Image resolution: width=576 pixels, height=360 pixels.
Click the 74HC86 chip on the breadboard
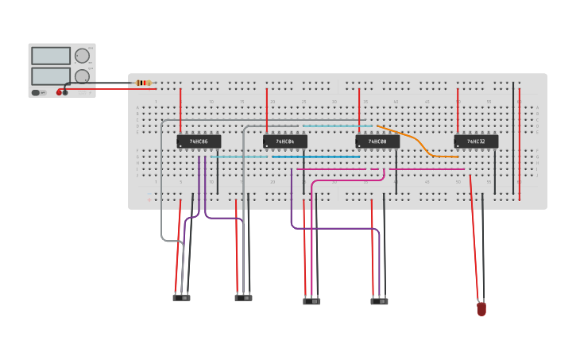pyautogui.click(x=199, y=141)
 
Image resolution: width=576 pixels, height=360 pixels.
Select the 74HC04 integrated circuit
pyautogui.click(x=285, y=141)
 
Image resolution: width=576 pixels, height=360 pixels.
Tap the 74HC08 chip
pyautogui.click(x=377, y=141)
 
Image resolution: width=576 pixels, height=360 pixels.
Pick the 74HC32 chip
pyautogui.click(x=476, y=141)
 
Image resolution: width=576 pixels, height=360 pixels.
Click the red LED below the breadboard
pyautogui.click(x=481, y=308)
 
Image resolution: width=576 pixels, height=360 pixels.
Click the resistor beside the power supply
pyautogui.click(x=144, y=83)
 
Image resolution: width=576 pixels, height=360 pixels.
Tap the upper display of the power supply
pyautogui.click(x=51, y=56)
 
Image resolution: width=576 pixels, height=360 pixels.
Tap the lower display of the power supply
pyautogui.click(x=51, y=76)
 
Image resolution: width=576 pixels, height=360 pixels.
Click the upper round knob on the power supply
pyautogui.click(x=82, y=56)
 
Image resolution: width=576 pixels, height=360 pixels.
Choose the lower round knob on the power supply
pyautogui.click(x=82, y=76)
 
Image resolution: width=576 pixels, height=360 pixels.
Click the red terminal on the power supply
pyautogui.click(x=59, y=93)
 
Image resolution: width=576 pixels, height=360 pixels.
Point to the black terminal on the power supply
pyautogui.click(x=65, y=93)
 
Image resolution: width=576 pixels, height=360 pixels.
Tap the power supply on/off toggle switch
pyautogui.click(x=37, y=93)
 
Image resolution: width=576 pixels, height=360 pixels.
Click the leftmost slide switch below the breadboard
pyautogui.click(x=182, y=298)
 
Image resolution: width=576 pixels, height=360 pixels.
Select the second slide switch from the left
pyautogui.click(x=244, y=298)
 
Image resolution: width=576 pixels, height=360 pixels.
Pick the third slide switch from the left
pyautogui.click(x=311, y=301)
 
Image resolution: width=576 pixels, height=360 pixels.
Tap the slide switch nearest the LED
pyautogui.click(x=380, y=301)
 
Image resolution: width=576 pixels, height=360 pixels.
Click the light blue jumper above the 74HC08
pyautogui.click(x=337, y=126)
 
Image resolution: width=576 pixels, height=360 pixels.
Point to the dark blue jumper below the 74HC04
pyautogui.click(x=316, y=157)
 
